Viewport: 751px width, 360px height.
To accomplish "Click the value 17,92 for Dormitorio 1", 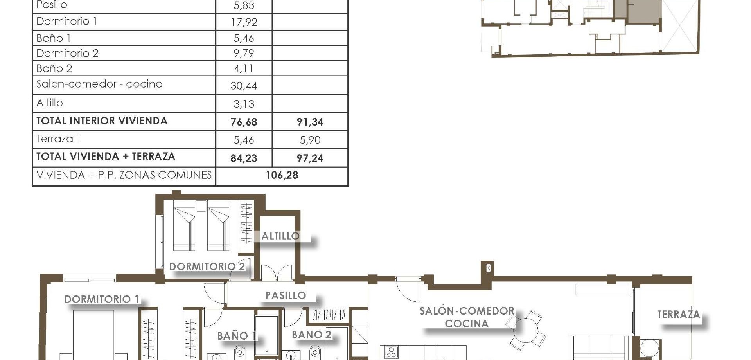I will (x=244, y=22).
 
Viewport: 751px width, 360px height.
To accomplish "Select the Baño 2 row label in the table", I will (x=54, y=68).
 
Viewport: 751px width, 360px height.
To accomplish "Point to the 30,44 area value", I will (x=244, y=86).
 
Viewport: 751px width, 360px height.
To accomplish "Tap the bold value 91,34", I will (x=310, y=122).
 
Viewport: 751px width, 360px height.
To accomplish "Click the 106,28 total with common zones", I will (x=282, y=175).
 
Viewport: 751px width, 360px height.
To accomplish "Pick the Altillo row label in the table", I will (x=50, y=103).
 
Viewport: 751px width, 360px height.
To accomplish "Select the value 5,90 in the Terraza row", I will (x=310, y=140).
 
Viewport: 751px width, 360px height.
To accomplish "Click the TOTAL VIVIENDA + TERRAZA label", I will (x=106, y=157).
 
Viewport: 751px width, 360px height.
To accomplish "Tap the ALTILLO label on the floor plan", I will (x=280, y=236).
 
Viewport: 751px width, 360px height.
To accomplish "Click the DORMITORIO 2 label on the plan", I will (x=207, y=266).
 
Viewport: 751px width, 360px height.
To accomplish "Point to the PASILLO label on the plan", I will (x=286, y=295).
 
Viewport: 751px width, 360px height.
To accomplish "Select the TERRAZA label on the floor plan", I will (x=678, y=314).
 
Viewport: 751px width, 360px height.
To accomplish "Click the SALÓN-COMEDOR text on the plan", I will (x=467, y=311).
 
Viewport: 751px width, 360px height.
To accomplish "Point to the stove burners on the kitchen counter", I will (x=391, y=352).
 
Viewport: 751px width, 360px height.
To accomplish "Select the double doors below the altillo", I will (x=277, y=273).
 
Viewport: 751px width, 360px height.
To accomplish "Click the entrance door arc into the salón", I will (x=407, y=288).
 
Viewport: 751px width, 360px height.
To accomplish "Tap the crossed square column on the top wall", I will (x=488, y=268).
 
